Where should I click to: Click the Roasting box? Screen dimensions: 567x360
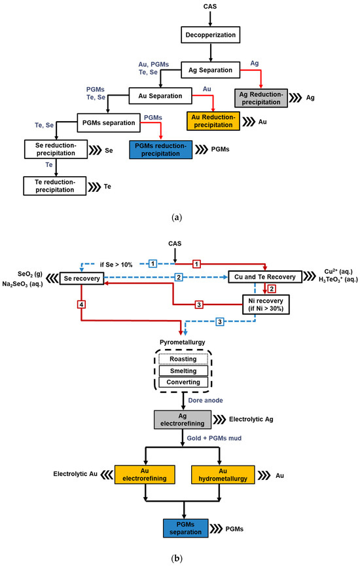pyautogui.click(x=179, y=359)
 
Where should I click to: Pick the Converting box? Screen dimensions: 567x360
pyautogui.click(x=179, y=382)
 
